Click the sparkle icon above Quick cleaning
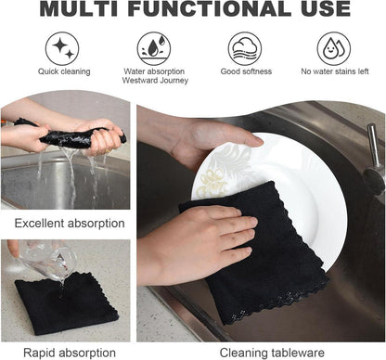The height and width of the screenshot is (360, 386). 62,48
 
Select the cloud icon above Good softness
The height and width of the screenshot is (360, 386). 245,48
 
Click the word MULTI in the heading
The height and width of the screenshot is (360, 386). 79,8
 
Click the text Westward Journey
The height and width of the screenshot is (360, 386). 155,81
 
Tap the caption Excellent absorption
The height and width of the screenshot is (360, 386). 70,224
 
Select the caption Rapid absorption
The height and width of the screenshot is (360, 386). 70,353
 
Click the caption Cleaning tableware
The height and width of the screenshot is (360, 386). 272,353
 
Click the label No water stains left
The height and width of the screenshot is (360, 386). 335,71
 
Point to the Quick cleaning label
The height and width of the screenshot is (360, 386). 64,71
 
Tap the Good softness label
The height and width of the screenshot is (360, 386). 246,71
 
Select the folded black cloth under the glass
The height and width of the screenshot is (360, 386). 66,303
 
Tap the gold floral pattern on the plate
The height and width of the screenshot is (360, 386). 213,185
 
